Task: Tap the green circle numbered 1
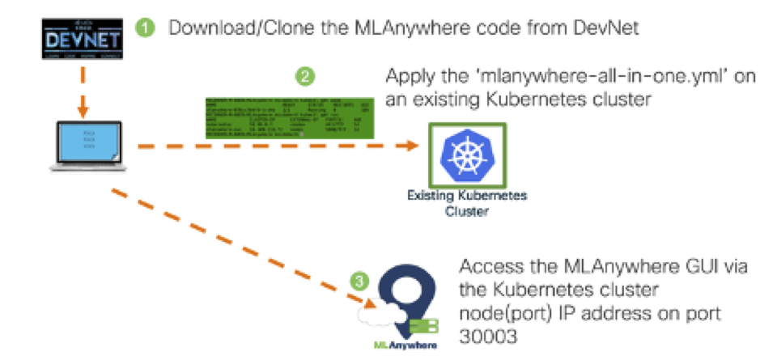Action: click(145, 28)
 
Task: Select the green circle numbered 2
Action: click(305, 78)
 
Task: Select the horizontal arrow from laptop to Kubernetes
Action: click(275, 146)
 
